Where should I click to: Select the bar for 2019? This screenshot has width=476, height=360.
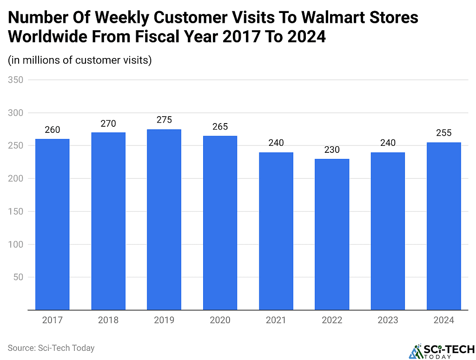164,219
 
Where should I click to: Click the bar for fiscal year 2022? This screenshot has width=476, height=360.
332,234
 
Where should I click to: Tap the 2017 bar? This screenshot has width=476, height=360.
52,224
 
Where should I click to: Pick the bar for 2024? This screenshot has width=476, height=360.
444,226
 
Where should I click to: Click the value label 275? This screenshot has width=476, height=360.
164,120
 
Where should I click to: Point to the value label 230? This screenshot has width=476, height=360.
332,150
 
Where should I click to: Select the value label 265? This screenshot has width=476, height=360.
220,127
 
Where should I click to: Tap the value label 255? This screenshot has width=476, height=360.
444,133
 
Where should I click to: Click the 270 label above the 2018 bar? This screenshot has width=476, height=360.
108,124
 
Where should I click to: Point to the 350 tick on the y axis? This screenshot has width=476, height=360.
16,80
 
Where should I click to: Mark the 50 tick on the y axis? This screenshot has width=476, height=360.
18,277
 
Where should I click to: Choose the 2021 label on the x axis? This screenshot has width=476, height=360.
276,320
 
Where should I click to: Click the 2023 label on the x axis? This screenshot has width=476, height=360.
388,320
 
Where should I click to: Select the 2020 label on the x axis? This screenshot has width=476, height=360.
220,320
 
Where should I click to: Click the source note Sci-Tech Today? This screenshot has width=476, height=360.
51,347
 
